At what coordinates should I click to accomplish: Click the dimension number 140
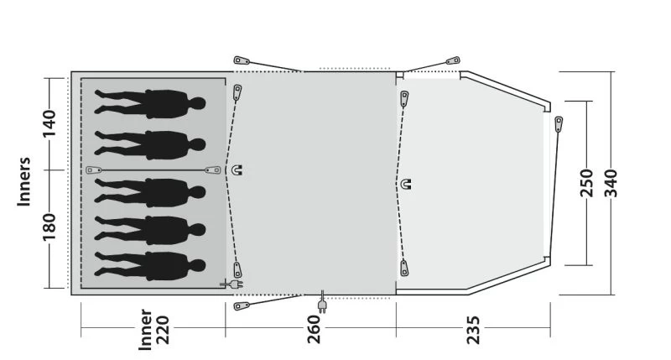coord(49,123)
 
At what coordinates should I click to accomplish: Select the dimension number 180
coord(49,227)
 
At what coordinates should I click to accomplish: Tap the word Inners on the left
coord(24,181)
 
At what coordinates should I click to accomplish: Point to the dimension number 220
coord(163,330)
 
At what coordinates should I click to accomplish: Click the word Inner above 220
coord(146,330)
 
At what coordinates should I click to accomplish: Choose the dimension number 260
coord(314,329)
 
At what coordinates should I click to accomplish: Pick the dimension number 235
coord(473,330)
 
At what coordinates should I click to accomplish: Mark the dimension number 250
coord(587,183)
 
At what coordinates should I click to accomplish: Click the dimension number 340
coord(611,183)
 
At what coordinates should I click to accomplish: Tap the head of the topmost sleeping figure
coord(197,103)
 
